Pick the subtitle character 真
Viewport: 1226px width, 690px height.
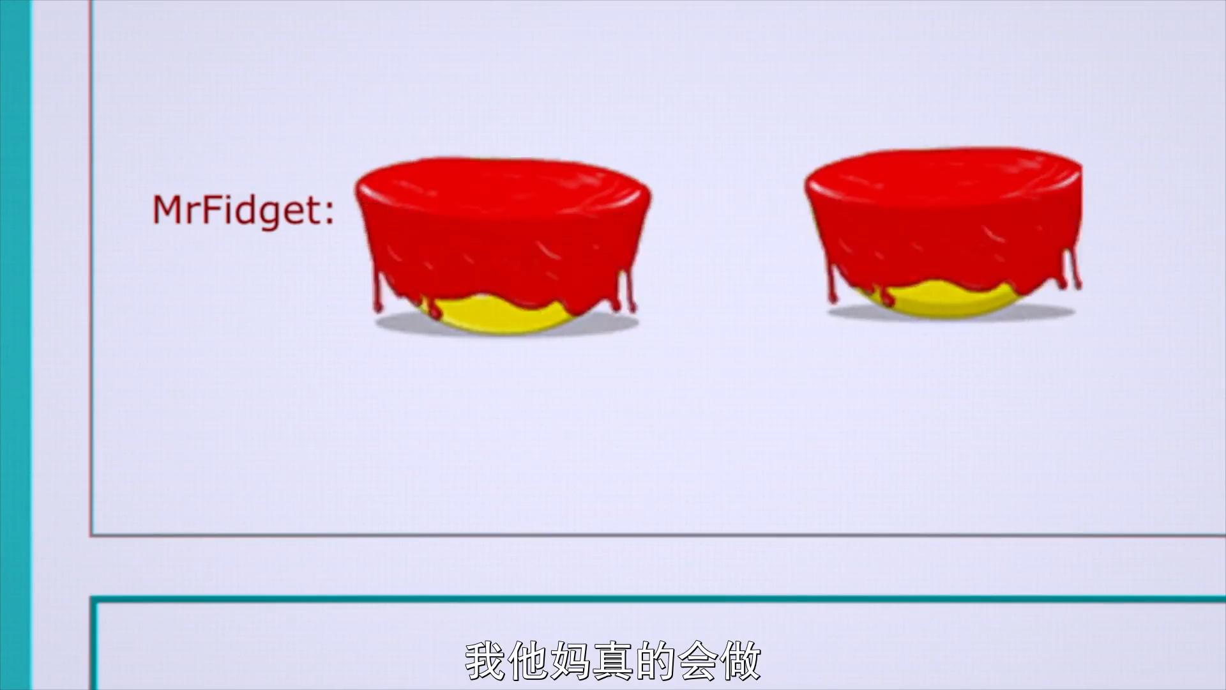point(613,661)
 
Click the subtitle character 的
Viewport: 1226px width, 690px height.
point(655,661)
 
